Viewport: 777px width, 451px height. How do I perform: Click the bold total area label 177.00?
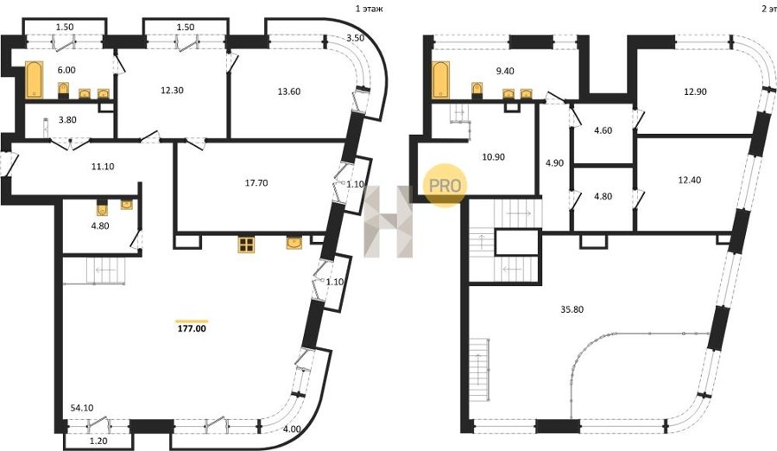pos(192,328)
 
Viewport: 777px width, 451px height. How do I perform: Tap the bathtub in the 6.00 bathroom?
pos(35,79)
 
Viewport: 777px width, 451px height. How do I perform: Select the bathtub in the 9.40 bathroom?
pos(440,79)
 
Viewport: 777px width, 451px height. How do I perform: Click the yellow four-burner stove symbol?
pos(246,245)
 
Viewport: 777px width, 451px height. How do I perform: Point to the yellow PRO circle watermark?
pos(445,186)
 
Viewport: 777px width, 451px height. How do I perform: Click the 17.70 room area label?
pos(256,183)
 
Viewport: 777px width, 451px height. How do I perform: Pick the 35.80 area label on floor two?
pos(572,309)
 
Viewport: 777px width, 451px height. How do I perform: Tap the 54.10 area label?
pos(82,409)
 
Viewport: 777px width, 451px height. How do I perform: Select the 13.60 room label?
pos(289,92)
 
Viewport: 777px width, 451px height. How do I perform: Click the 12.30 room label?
pos(172,91)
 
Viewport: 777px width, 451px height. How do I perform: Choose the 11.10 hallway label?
pos(103,167)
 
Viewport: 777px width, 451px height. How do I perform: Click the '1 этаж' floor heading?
pos(370,9)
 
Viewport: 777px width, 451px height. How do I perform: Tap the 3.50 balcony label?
pos(356,38)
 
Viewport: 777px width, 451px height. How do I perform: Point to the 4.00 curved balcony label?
pos(292,429)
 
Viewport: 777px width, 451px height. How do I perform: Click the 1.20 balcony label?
pos(99,440)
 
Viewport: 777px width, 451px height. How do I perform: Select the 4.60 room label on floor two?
pos(603,131)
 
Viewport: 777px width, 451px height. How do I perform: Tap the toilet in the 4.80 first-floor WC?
pos(102,207)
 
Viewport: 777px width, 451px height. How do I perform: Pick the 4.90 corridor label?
pos(554,163)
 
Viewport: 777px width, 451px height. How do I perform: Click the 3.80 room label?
pos(67,119)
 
